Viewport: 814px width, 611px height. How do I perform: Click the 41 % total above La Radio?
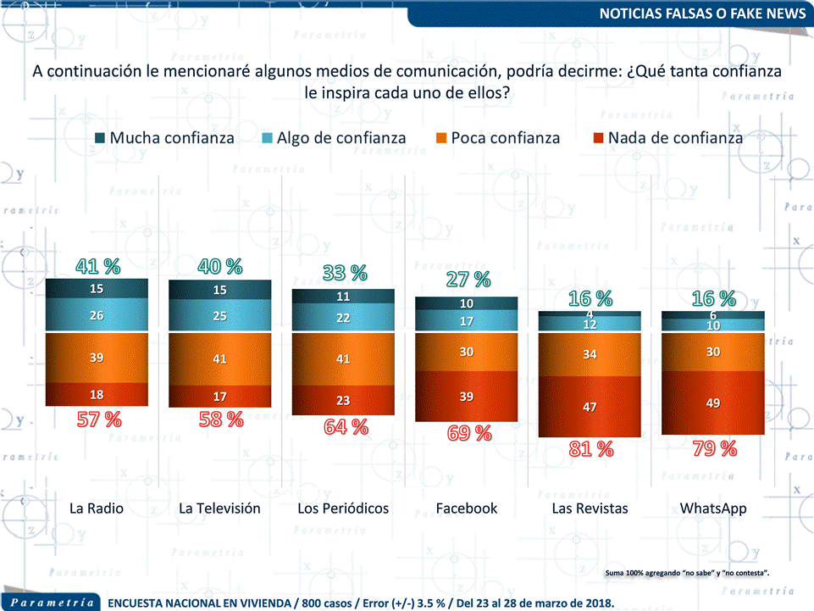click(97, 266)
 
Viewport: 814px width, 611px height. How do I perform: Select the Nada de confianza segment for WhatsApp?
click(713, 403)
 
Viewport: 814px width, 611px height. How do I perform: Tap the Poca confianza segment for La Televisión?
click(220, 359)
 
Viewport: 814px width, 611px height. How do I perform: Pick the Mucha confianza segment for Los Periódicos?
click(343, 297)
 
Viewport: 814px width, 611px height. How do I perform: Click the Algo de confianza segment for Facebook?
click(466, 321)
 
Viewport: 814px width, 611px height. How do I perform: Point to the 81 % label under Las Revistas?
click(590, 449)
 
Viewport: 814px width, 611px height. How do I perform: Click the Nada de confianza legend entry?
click(664, 137)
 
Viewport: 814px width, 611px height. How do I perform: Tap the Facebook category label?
click(466, 508)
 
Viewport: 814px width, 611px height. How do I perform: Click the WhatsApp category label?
click(713, 508)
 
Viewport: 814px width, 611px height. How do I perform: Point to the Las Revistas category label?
click(590, 508)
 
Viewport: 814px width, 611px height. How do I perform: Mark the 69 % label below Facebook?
click(468, 433)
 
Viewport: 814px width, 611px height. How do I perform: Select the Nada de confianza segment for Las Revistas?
click(590, 407)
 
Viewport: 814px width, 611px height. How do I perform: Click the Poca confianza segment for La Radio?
click(97, 358)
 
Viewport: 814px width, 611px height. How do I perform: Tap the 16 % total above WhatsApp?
click(714, 298)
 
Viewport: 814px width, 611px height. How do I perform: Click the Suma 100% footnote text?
click(687, 574)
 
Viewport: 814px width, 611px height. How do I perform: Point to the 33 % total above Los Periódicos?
click(345, 273)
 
